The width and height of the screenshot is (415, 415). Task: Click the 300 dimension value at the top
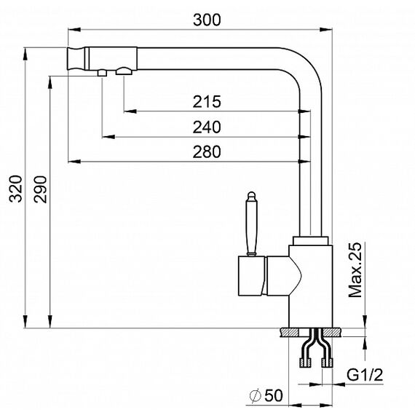pos(207,20)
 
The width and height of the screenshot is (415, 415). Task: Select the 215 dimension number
pos(207,102)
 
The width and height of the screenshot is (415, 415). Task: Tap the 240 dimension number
pos(207,127)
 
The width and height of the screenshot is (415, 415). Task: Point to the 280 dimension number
pos(207,152)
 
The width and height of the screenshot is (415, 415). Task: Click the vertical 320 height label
pos(15,189)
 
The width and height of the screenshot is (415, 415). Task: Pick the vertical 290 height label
pos(40,189)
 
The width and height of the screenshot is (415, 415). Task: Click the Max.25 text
pos(355,270)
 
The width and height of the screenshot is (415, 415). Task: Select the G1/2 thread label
pos(365,375)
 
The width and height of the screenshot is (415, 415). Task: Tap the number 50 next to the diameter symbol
pos(274,395)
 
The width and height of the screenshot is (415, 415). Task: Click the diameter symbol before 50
pos(256,396)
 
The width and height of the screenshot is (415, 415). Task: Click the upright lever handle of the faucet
pos(251,224)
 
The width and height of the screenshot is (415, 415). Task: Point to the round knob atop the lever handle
pos(251,196)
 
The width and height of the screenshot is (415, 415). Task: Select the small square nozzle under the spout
pos(102,73)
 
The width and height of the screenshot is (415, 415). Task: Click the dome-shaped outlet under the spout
pos(124,71)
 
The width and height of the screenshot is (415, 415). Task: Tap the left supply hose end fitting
pos(305,363)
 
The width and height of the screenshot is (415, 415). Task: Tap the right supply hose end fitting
pos(327,363)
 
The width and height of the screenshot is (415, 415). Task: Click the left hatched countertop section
pos(289,332)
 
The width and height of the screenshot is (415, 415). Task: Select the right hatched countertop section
pos(332,332)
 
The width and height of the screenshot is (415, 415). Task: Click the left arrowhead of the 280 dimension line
pos(74,161)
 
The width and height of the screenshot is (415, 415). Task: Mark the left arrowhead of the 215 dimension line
pos(130,111)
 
